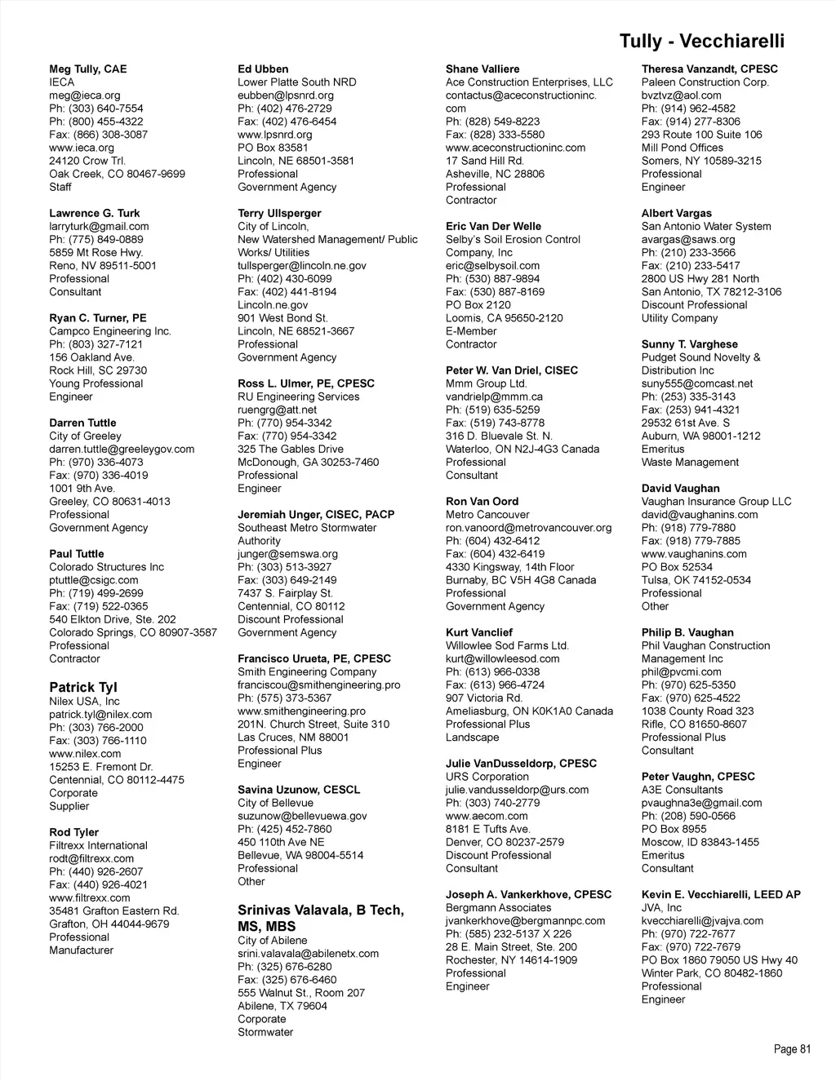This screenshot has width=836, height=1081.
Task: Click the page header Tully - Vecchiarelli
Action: [x=701, y=42]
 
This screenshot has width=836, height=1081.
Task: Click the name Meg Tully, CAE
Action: [x=88, y=69]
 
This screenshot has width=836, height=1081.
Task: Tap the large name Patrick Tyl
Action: [x=83, y=687]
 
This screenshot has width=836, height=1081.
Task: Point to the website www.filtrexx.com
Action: [x=90, y=897]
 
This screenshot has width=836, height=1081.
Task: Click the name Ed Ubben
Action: [x=263, y=69]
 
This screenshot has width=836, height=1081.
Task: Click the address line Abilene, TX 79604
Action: [x=282, y=1006]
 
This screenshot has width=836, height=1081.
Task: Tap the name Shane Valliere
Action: [x=482, y=69]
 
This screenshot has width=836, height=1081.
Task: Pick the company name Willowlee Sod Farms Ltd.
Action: [x=507, y=645]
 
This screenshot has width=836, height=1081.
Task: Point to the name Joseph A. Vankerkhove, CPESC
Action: [x=528, y=894]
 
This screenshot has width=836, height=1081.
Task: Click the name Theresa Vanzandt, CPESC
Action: [x=709, y=69]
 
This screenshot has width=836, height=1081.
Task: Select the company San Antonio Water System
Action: [x=706, y=226]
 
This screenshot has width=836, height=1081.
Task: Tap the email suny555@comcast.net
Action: [x=697, y=383]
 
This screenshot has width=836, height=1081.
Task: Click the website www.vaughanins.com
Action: [x=694, y=554]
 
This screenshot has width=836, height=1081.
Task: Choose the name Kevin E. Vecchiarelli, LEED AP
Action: [x=721, y=894]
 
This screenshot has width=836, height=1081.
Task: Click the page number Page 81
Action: [x=792, y=1049]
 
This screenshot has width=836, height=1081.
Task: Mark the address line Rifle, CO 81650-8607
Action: [x=694, y=724]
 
